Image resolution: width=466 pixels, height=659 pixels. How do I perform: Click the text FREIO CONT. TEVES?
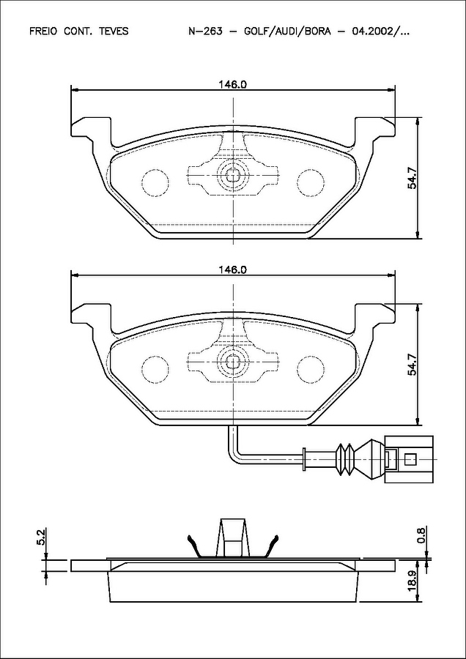(78, 31)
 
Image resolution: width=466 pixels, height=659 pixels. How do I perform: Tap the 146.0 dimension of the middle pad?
(232, 270)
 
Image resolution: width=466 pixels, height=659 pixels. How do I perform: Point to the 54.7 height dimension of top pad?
(413, 179)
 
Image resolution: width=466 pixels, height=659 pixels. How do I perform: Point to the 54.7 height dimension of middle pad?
(413, 364)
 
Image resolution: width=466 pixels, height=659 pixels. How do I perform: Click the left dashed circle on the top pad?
(155, 182)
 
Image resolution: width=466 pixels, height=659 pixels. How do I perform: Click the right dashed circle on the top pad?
(310, 182)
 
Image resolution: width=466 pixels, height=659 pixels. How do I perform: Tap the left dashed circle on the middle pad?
(155, 368)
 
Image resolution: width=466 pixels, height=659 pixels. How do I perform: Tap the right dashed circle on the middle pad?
(310, 368)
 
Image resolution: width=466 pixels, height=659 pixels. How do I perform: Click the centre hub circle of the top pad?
(232, 176)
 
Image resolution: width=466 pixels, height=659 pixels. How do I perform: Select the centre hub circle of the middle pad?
(232, 361)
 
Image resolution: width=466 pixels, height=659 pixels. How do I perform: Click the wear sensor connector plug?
(408, 459)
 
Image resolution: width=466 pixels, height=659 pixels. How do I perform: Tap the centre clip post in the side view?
(232, 538)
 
